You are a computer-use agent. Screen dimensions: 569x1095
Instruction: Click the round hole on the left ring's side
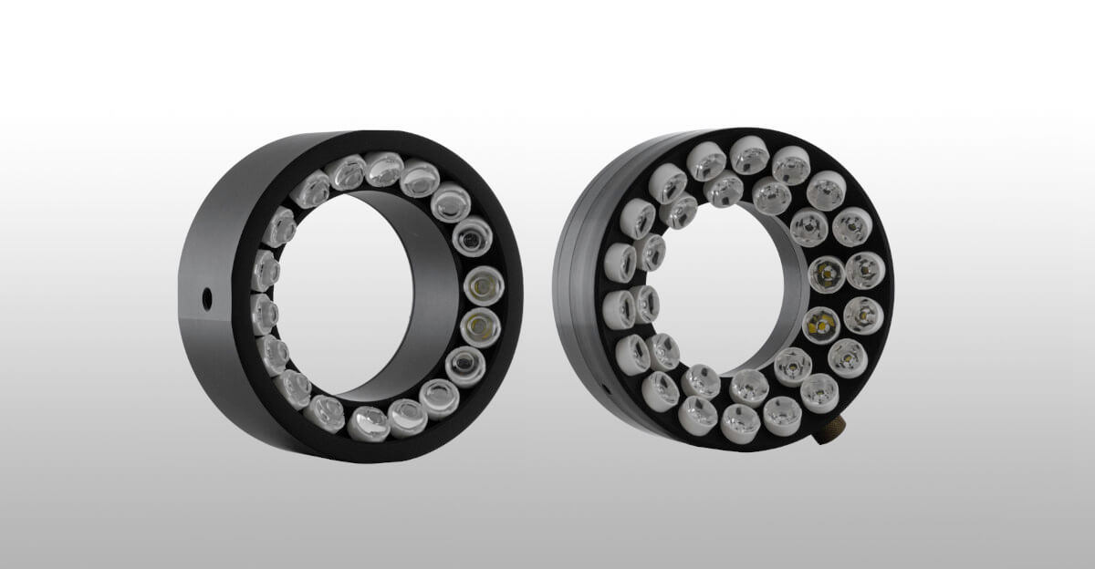coord(207,296)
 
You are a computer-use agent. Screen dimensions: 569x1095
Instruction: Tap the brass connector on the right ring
coord(829,430)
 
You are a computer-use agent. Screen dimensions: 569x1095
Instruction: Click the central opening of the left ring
coord(347,292)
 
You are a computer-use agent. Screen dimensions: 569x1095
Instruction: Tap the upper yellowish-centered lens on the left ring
coord(484,284)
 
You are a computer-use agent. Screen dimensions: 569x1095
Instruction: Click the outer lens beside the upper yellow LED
coord(865,270)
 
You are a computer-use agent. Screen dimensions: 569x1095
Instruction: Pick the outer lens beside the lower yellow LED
coord(863,316)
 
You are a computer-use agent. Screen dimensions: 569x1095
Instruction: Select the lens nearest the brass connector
coord(819,393)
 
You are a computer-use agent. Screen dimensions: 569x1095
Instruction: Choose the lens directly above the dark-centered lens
coord(450,202)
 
